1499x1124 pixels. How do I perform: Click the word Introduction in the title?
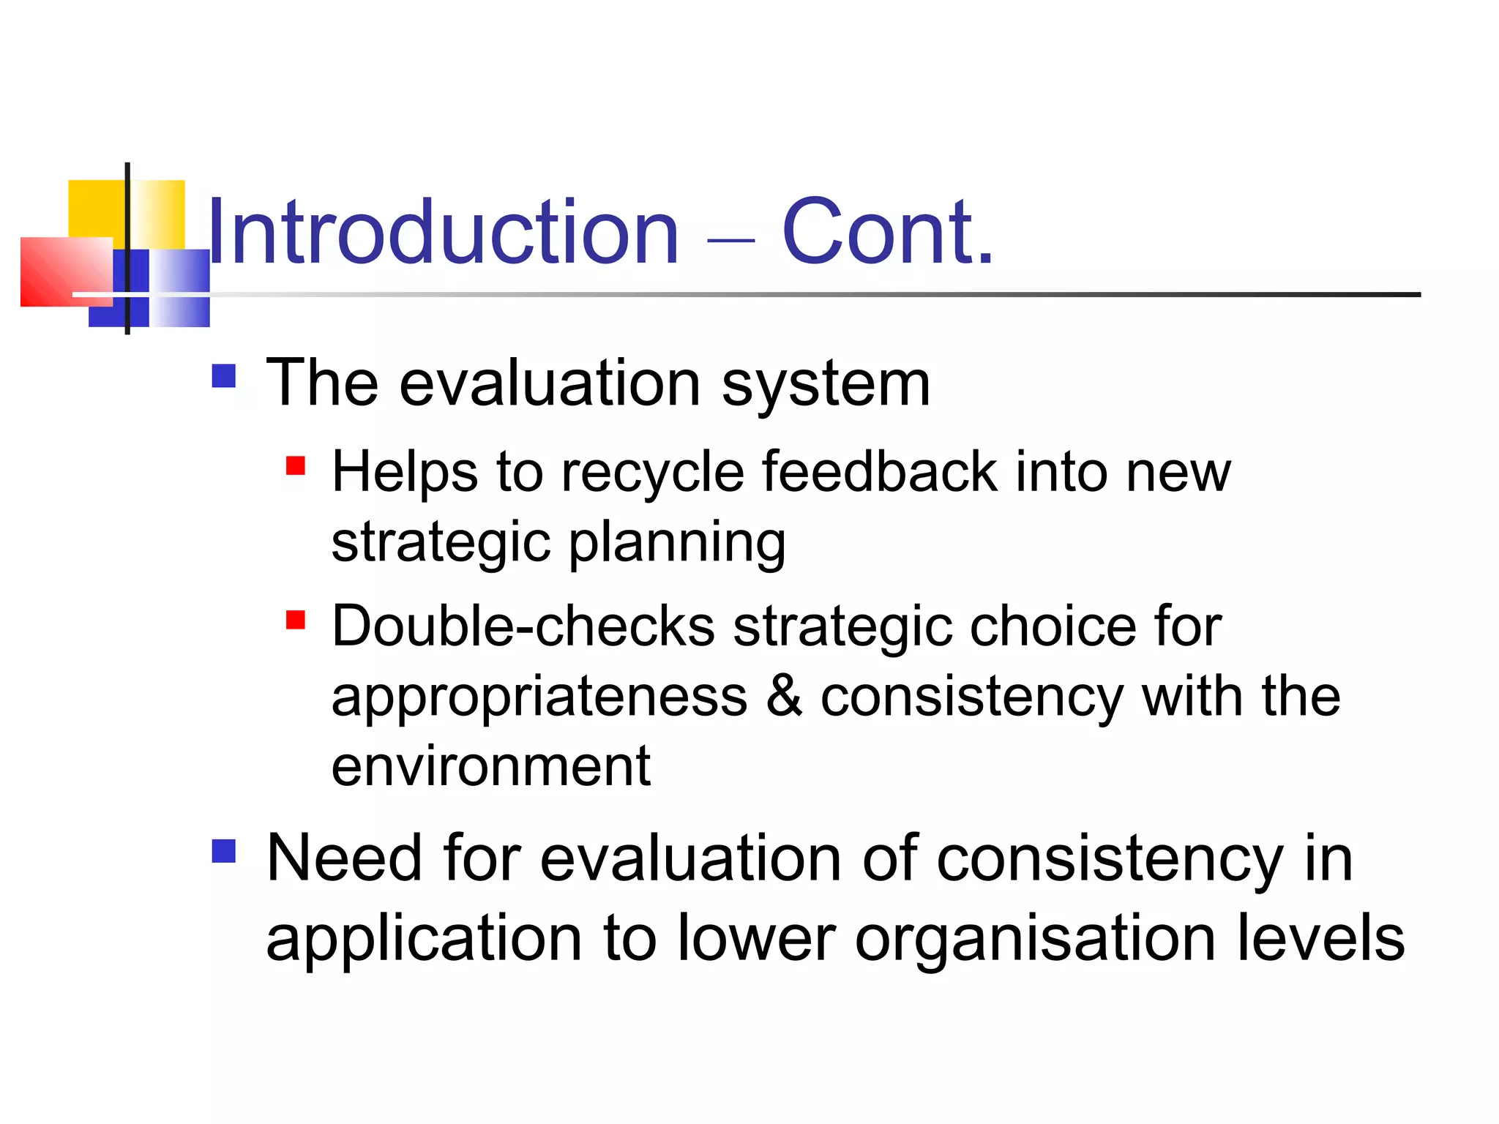point(444,233)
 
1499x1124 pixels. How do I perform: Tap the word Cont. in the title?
point(888,233)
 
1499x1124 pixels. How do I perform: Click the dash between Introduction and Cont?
point(731,239)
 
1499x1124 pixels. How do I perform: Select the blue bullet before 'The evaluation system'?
point(224,376)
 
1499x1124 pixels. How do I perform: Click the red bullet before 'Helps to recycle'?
point(296,466)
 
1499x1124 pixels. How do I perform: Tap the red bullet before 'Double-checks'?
point(296,620)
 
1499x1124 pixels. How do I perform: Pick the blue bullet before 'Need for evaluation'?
point(224,851)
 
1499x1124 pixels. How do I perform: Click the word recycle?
point(652,473)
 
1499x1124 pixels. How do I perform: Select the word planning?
point(677,544)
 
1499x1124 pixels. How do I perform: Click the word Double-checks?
point(523,626)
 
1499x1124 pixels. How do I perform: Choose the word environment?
point(490,766)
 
